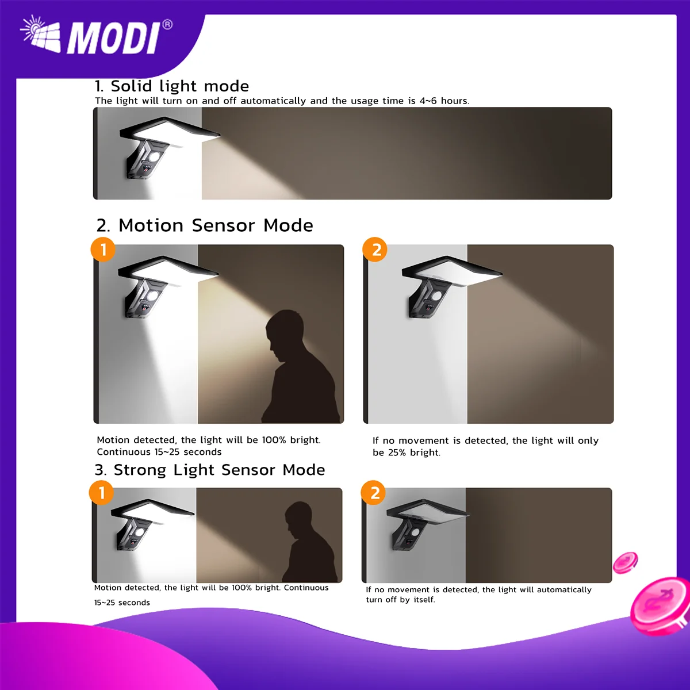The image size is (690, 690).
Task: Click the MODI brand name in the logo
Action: point(113,39)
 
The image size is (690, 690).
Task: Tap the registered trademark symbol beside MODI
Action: point(167,25)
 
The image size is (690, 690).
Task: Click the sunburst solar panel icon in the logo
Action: point(40,34)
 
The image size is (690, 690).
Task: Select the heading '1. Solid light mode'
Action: point(171,86)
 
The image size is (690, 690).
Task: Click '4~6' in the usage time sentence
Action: point(428,101)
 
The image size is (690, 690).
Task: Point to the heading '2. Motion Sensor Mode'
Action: point(205,225)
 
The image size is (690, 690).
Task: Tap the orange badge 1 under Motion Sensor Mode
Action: point(103,249)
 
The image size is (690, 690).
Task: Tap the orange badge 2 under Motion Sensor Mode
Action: point(375,249)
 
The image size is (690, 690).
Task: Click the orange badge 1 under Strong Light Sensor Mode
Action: point(102,492)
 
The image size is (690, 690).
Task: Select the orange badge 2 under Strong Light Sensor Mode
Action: point(374,492)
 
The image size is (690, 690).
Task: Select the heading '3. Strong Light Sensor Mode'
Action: point(210,470)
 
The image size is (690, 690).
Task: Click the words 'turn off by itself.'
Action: point(400,599)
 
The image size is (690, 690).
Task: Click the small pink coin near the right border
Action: point(625,562)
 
